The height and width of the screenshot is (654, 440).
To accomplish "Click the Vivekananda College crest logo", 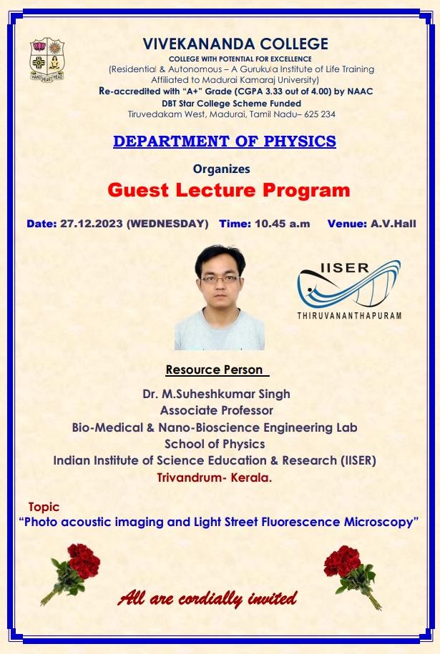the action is (47, 59).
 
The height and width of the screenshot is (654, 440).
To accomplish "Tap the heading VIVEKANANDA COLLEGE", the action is (235, 44).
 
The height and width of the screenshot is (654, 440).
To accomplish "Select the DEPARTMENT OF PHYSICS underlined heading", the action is (225, 142).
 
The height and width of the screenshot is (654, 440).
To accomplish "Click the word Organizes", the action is (221, 169).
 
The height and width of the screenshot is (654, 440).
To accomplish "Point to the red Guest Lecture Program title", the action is (229, 190).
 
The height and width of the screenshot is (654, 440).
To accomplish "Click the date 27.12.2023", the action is (92, 224).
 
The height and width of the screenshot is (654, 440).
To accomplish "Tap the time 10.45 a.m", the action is (282, 224).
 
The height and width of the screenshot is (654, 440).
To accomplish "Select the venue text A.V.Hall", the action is (393, 224).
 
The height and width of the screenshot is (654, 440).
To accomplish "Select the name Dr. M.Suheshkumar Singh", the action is (216, 394).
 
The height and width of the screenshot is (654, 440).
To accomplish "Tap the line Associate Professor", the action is (216, 410).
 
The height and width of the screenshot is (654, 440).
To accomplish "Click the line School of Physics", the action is (215, 444).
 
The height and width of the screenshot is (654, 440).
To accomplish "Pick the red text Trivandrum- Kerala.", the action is (214, 477).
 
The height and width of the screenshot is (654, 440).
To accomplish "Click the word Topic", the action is (44, 507).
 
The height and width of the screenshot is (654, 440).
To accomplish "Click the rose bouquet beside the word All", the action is (71, 573).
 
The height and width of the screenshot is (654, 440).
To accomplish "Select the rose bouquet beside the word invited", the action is (353, 577).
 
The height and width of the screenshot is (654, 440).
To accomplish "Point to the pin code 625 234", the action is (320, 114).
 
